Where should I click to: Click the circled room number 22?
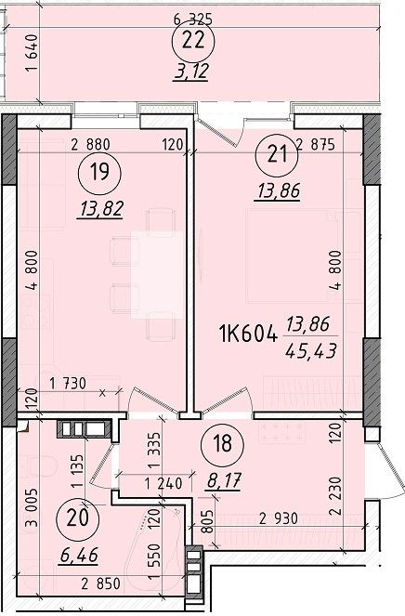coord(193,42)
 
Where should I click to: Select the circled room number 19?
coord(99,173)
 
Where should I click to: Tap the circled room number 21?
coord(277,155)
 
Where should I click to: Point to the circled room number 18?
coord(222,444)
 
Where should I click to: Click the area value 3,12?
coord(190,72)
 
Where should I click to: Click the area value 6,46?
coord(79,556)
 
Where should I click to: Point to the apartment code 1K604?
coord(247,336)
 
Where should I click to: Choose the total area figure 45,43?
coord(311,350)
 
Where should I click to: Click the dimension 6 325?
coord(192,19)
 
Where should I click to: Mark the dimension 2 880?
coord(90,145)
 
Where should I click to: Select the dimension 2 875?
coord(316,145)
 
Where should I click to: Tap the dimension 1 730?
coord(68,384)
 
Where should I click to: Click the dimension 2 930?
coord(279,519)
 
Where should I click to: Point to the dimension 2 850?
coord(100,583)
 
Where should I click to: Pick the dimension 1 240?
coord(163,483)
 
